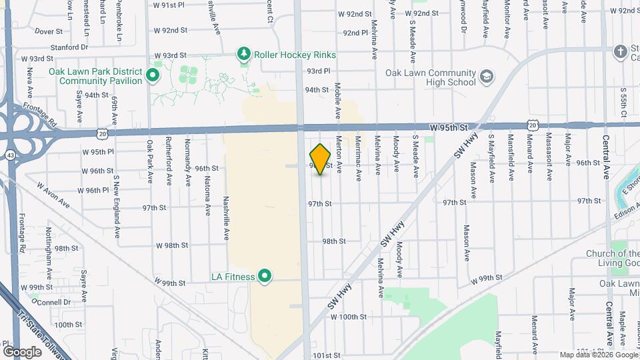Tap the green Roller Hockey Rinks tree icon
245,54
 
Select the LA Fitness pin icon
265,276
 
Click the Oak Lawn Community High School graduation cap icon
486,77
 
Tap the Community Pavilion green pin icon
153,75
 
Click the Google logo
23,351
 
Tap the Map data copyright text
598,355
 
